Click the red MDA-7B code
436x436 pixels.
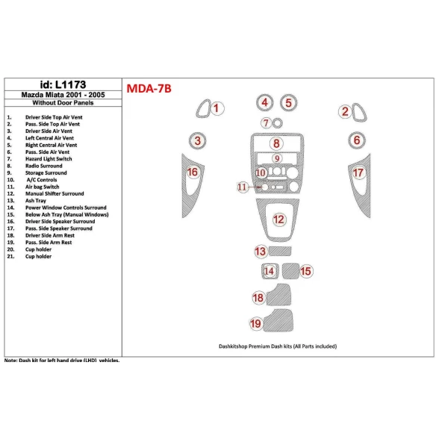pos(149,89)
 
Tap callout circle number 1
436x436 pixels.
pos(216,110)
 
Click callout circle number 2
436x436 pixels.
pos(345,112)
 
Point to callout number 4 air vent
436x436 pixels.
pos(264,102)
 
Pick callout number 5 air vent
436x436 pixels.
pos(288,102)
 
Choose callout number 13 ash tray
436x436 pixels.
pos(261,251)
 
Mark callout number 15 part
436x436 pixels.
pos(305,271)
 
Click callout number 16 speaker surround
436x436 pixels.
pos(192,172)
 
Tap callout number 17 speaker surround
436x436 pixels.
pos(358,173)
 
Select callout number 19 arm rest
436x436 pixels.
pos(256,323)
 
